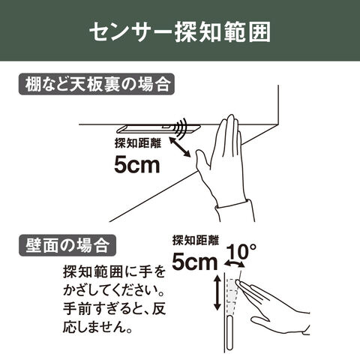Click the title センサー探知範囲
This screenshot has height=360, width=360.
point(180,32)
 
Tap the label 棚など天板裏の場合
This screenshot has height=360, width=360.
point(97,84)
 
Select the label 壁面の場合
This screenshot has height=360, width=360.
point(67,245)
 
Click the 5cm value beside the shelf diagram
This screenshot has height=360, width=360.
point(137,164)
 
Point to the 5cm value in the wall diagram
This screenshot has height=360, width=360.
point(195,262)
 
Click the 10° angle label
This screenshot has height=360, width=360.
point(241,252)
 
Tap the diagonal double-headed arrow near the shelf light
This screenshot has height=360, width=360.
point(180,148)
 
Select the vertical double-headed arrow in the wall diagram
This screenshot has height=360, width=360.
point(217,292)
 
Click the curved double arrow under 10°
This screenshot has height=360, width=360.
point(234,263)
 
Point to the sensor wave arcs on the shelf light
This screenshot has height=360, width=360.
point(181,128)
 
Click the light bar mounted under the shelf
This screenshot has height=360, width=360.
point(158,128)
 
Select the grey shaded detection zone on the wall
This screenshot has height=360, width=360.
point(232,296)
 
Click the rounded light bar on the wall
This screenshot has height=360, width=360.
point(230,333)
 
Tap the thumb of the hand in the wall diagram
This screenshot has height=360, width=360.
point(260,322)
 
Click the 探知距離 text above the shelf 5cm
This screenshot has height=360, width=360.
point(138,143)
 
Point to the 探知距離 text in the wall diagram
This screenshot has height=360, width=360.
point(196,241)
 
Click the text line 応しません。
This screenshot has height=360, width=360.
point(97,326)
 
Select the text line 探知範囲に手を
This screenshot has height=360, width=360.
point(115,272)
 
